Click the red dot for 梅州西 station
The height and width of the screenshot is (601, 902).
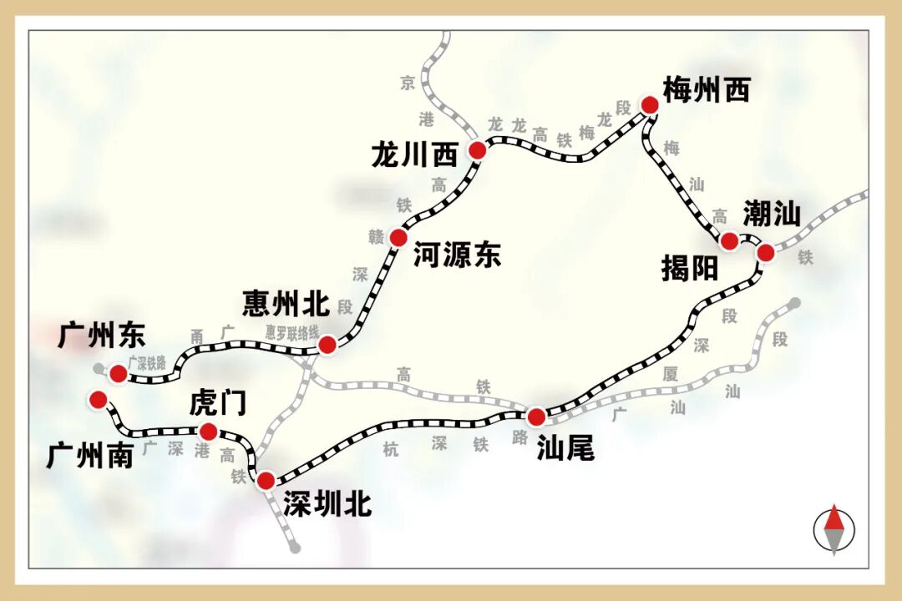click(x=650, y=104)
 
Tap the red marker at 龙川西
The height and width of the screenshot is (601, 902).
click(x=477, y=150)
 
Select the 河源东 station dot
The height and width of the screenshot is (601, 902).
click(x=398, y=238)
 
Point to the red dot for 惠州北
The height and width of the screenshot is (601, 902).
click(x=327, y=344)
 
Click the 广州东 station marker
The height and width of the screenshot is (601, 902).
click(x=119, y=373)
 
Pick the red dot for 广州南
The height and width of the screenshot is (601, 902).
click(x=99, y=400)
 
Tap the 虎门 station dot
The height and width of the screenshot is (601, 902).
click(x=208, y=432)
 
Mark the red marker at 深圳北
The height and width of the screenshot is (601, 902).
click(x=266, y=480)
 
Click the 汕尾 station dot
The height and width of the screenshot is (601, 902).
click(x=536, y=416)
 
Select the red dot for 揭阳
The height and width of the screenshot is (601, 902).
click(x=729, y=242)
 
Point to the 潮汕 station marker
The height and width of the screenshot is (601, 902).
click(x=766, y=252)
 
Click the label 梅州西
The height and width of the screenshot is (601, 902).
click(x=707, y=89)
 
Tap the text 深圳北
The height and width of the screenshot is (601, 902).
click(x=327, y=504)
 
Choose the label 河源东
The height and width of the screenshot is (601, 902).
click(x=457, y=255)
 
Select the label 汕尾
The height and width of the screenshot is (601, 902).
click(x=565, y=448)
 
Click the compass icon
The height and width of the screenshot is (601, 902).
click(x=834, y=530)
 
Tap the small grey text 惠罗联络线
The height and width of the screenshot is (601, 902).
click(x=292, y=331)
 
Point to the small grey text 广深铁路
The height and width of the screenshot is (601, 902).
click(x=147, y=364)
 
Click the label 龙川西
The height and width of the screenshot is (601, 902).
click(x=415, y=155)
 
